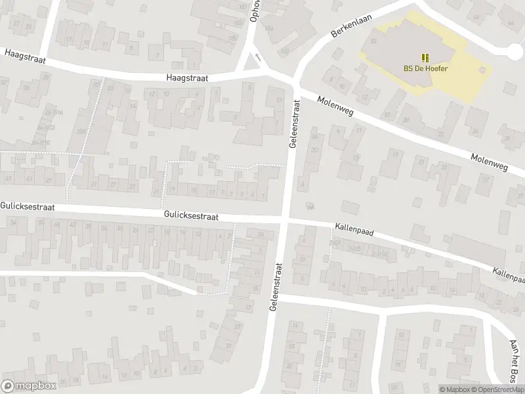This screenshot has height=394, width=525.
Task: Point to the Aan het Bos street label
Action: tap(514, 361)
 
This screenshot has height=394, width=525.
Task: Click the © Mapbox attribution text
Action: tap(453, 389)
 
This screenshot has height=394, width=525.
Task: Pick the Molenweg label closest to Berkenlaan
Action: tap(334, 106)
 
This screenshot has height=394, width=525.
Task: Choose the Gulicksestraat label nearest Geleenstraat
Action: tap(192, 215)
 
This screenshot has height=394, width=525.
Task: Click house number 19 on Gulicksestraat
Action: tap(172, 190)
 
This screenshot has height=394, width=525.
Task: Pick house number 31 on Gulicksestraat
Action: tap(94, 185)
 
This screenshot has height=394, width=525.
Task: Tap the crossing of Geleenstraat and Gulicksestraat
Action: tap(286, 219)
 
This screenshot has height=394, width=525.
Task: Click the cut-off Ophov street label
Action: tap(255, 10)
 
